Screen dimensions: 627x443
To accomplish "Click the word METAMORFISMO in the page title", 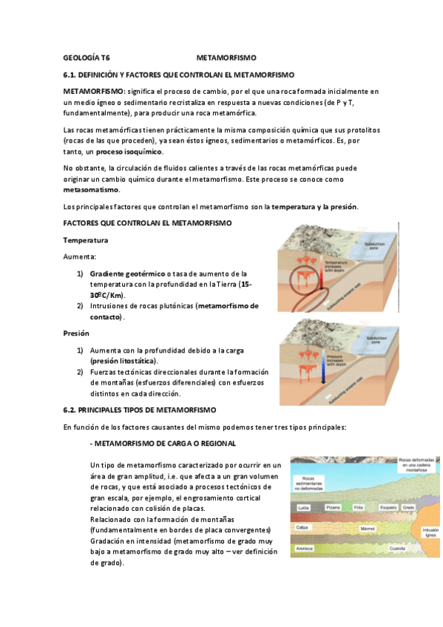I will tap(226, 57).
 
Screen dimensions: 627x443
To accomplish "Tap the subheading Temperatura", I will tap(85, 240).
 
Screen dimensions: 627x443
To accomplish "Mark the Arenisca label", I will tap(304, 549).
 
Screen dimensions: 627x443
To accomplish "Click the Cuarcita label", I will tap(397, 549).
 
